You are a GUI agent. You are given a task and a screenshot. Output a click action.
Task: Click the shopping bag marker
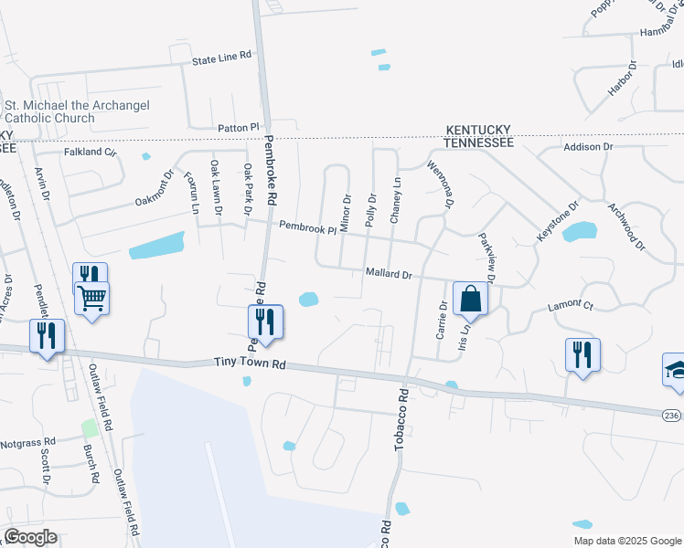pos(470,299)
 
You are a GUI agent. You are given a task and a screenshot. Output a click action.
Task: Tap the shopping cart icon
pos(92,298)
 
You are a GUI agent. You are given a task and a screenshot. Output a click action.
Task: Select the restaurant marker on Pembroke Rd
pos(265,322)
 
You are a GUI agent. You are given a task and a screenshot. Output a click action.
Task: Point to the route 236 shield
pos(671,416)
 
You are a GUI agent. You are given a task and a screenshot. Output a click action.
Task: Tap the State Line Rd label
pos(221,57)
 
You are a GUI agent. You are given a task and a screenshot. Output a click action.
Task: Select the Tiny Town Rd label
pos(250,364)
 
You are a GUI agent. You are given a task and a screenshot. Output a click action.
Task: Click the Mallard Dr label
pos(390,273)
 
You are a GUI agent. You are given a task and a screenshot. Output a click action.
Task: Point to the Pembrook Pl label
pos(308,227)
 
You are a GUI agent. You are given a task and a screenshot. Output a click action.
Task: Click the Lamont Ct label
pos(570,307)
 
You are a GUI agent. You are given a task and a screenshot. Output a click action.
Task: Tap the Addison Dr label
pos(588,146)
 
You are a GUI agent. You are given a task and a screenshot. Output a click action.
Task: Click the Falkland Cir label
pos(90,153)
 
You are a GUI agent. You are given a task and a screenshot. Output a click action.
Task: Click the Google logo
pos(30,537)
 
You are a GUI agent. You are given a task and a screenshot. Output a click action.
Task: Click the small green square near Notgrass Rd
pos(89,428)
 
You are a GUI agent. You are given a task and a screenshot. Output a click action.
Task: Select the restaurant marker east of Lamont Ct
pos(582,354)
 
